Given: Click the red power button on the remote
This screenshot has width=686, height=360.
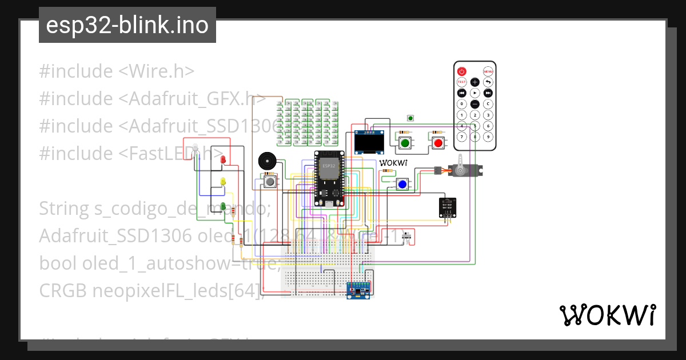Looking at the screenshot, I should [x=462, y=71].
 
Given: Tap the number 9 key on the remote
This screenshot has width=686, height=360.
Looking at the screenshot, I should [x=488, y=137].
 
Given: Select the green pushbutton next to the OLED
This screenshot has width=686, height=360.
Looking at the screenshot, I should [x=405, y=143].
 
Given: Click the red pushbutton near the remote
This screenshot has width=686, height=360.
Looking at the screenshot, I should [x=438, y=143].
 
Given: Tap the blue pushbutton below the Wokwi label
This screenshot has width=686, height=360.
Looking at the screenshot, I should [x=402, y=184].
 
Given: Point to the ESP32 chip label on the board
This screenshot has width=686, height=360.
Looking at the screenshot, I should [x=329, y=166].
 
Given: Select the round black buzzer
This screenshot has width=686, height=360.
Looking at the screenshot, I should [x=267, y=161].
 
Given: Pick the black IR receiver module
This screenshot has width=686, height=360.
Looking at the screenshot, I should [x=448, y=207].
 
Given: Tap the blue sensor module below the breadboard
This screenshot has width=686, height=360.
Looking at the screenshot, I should [x=360, y=290].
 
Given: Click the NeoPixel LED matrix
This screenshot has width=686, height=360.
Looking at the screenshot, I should [x=308, y=122].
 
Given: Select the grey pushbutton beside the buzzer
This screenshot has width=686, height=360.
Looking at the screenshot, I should [x=269, y=182].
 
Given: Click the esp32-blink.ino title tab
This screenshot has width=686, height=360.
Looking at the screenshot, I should [x=127, y=25].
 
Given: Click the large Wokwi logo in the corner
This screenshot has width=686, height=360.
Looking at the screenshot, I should [x=607, y=315].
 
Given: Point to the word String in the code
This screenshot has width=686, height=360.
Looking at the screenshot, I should [x=63, y=209].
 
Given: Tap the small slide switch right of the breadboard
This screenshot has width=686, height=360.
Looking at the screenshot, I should [x=408, y=237].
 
